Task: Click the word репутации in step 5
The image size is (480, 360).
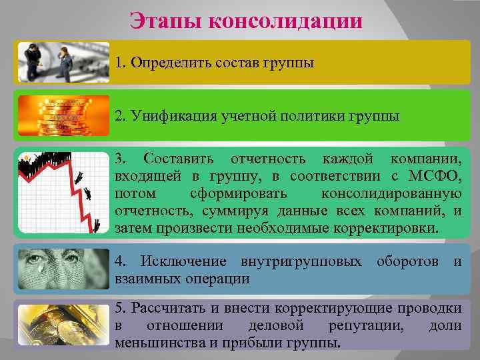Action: (366, 325)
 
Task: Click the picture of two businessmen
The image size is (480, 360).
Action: (63, 62)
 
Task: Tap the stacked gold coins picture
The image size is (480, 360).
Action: (63, 115)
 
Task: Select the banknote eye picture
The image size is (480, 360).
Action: (63, 268)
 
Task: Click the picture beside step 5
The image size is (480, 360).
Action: (63, 325)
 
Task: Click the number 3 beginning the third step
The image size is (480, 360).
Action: (119, 159)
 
